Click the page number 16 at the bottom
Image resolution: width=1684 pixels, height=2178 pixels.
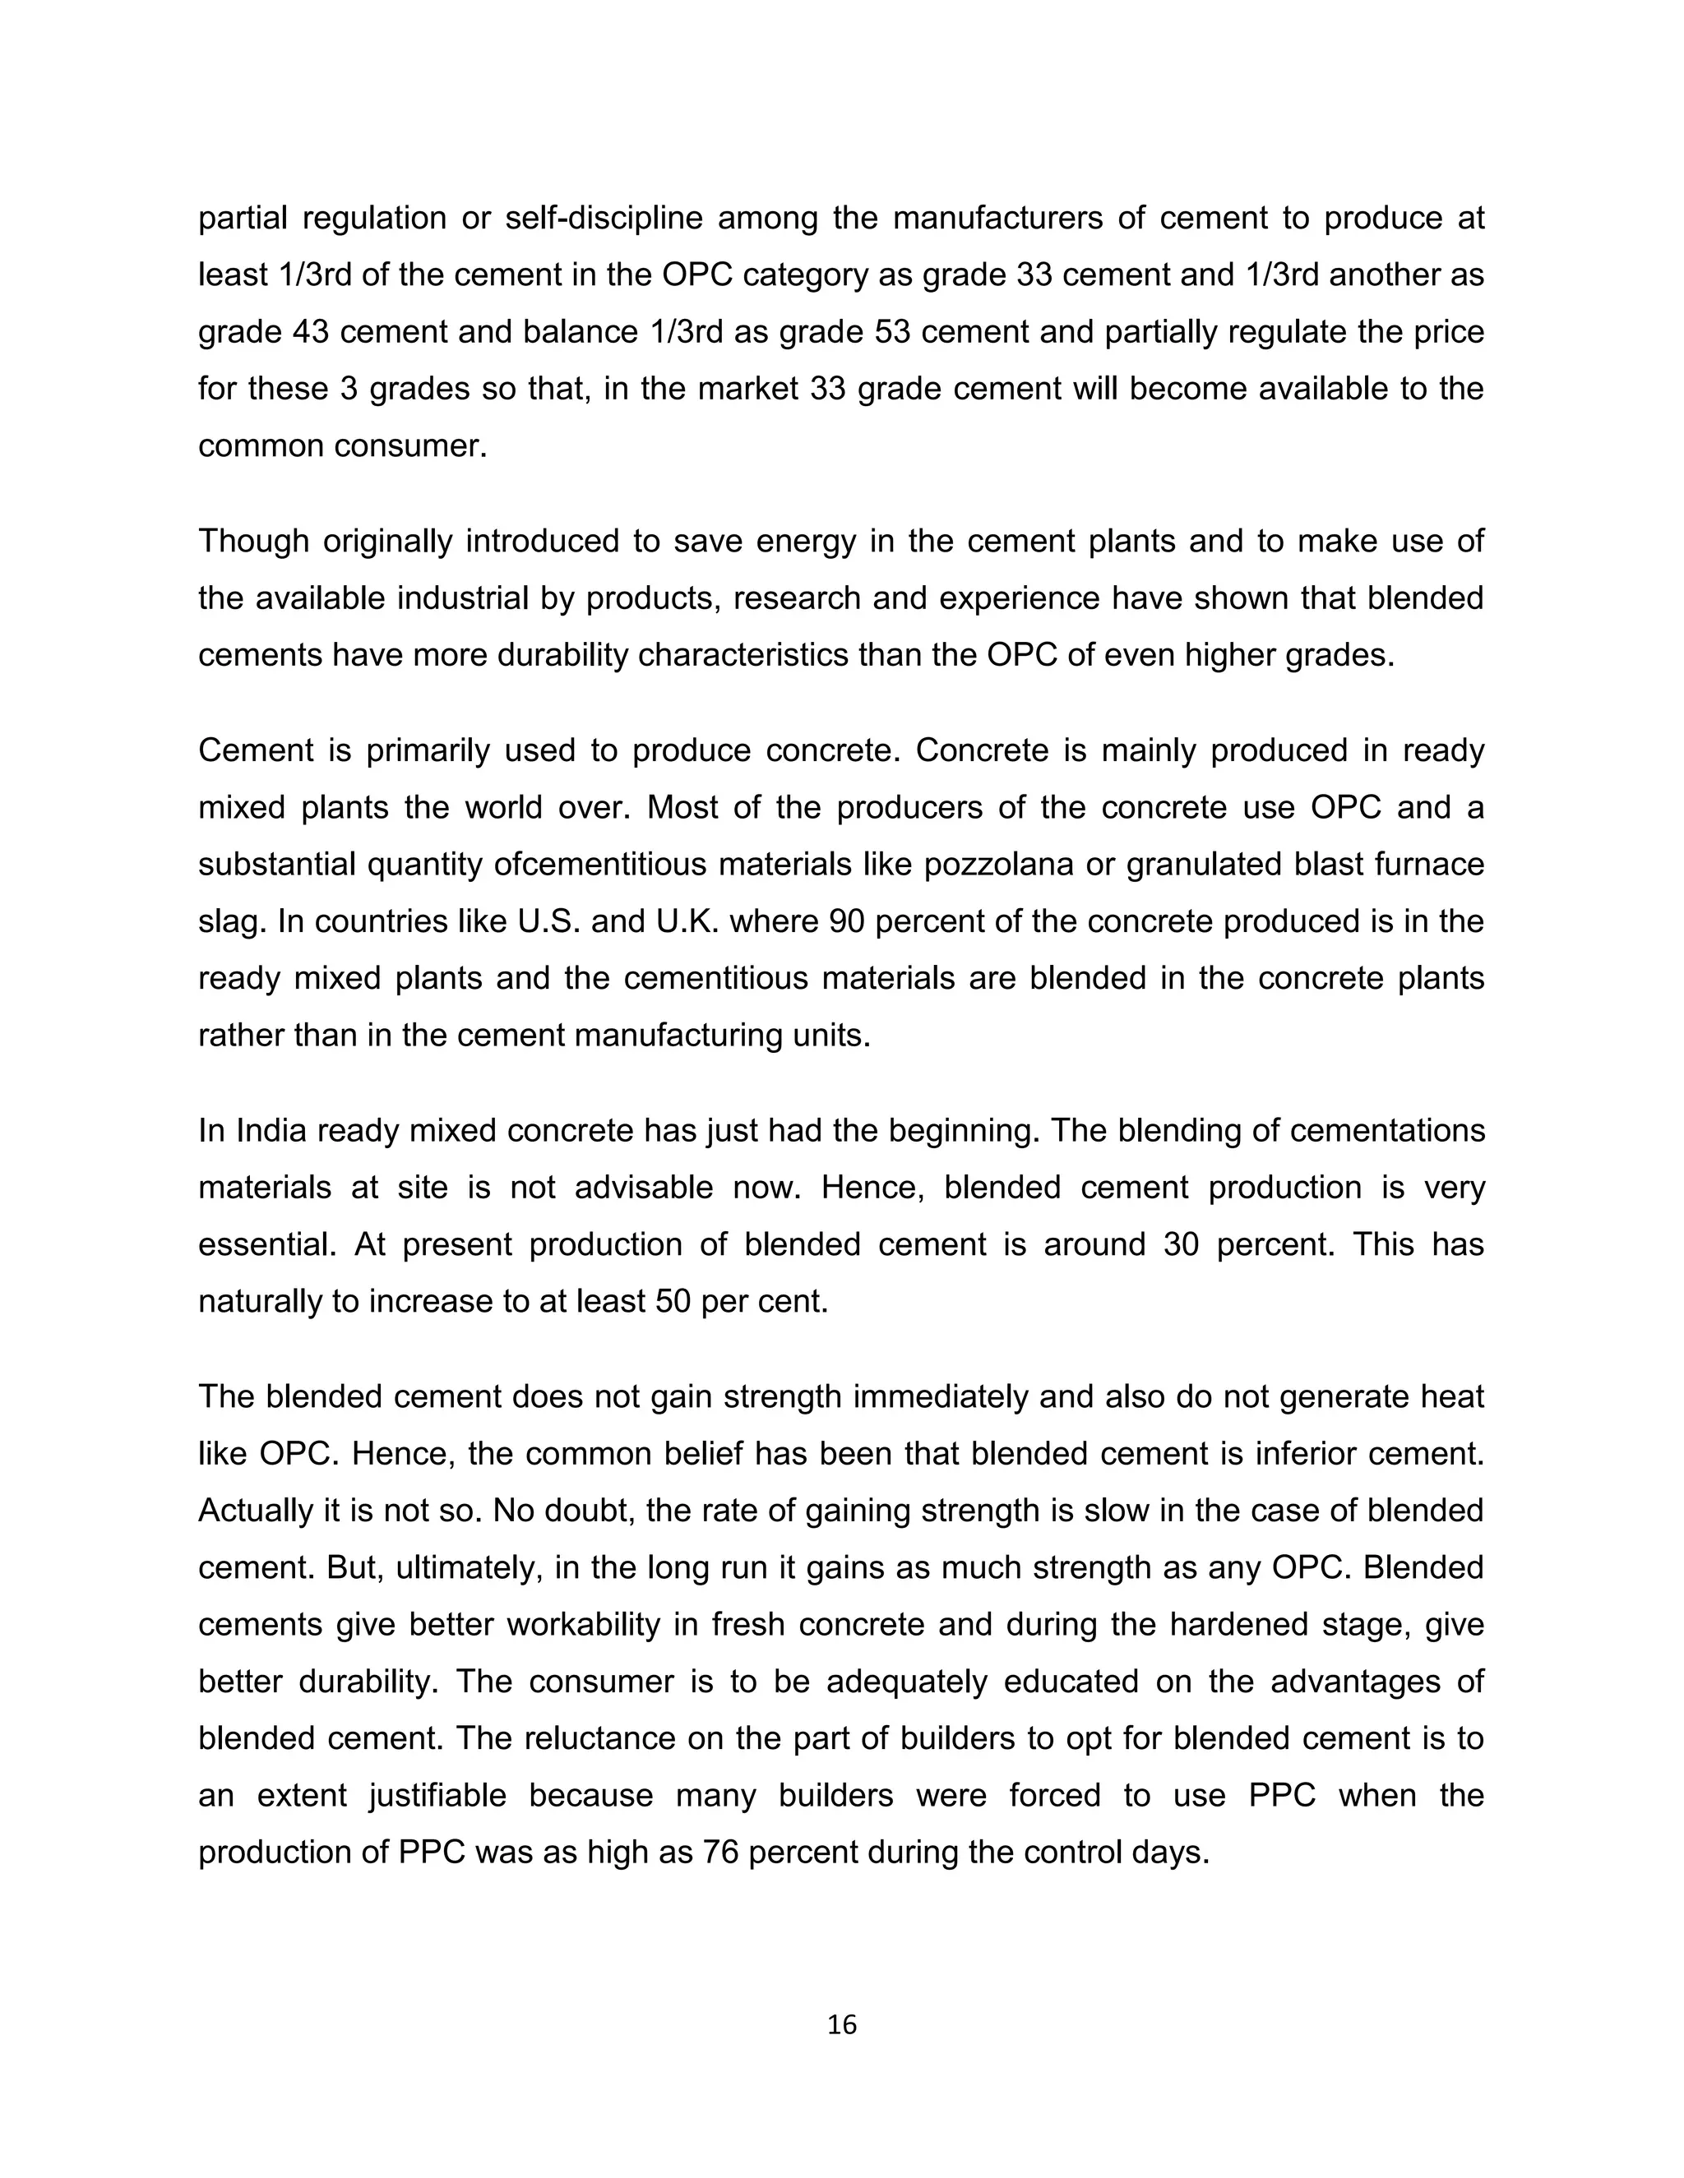(x=842, y=2025)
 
